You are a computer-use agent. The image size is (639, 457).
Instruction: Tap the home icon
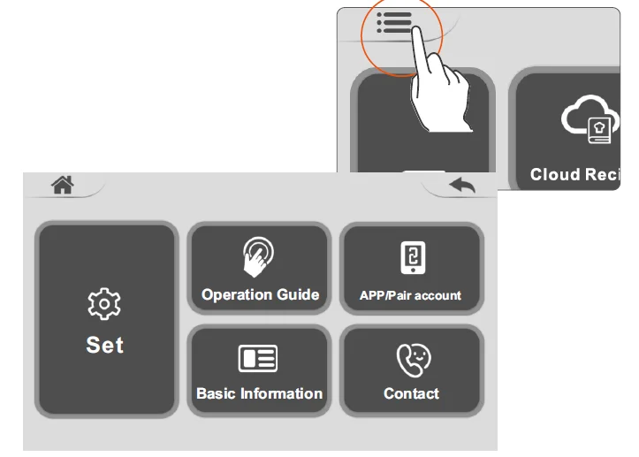click(63, 185)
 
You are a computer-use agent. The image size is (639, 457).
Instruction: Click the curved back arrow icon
click(462, 185)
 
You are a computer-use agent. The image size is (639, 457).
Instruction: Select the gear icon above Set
click(104, 304)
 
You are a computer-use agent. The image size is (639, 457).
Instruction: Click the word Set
click(105, 345)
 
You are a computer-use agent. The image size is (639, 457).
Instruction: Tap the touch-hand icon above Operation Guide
click(258, 257)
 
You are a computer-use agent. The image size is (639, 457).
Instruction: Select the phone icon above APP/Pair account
click(414, 257)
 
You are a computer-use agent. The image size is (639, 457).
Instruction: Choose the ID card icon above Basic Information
click(258, 358)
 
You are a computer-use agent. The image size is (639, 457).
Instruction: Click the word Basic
click(216, 393)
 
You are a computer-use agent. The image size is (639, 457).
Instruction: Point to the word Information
click(282, 393)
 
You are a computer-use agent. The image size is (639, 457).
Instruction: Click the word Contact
click(411, 393)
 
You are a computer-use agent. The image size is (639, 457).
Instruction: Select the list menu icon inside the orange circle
click(394, 23)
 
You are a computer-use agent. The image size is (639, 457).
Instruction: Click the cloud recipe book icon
click(590, 119)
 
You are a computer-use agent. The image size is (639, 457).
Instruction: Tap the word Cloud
click(555, 174)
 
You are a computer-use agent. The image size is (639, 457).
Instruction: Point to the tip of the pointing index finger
click(416, 28)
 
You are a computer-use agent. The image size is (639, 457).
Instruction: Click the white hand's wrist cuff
click(451, 126)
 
